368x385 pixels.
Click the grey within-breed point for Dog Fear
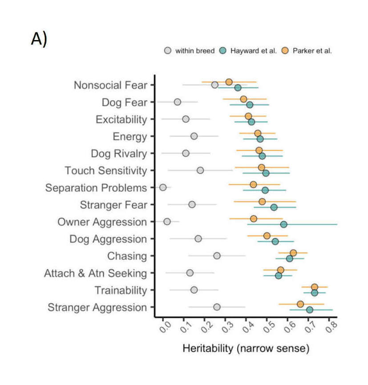point(178,102)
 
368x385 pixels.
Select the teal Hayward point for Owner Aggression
point(283,224)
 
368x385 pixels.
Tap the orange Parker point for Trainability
point(314,287)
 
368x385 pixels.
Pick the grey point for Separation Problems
point(163,187)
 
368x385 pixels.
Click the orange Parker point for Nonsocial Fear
point(229,82)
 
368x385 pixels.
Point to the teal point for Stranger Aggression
point(309,309)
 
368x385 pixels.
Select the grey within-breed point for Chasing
point(217,255)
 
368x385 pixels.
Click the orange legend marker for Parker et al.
point(287,51)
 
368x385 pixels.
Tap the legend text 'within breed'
point(195,51)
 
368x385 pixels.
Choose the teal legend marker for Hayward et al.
point(224,51)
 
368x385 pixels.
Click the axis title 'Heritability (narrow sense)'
point(246,349)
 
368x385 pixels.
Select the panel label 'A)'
point(39,39)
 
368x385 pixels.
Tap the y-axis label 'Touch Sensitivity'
point(105,170)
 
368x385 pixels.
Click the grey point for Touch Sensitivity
point(200,170)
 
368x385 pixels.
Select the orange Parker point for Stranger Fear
point(262,201)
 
